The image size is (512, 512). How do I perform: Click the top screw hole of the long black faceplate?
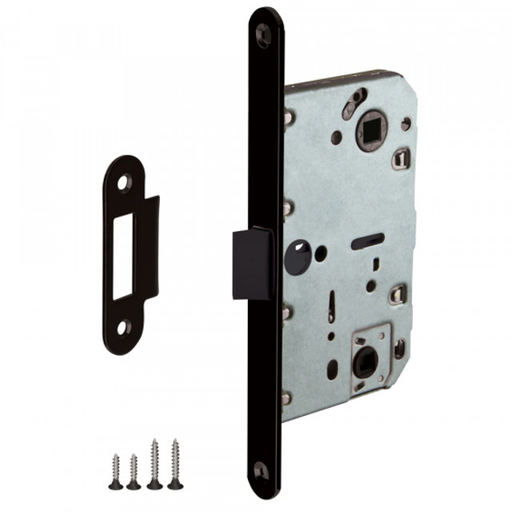(x=263, y=34)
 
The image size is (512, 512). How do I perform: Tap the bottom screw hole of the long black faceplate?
(x=261, y=470)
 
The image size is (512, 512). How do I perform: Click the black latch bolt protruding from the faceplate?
(x=252, y=263)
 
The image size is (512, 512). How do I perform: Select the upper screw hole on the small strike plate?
(x=124, y=183)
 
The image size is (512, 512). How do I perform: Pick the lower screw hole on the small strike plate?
(x=123, y=326)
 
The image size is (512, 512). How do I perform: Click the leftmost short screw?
(x=116, y=473)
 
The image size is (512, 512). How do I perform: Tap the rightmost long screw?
(x=175, y=464)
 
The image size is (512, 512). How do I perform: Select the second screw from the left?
(x=134, y=473)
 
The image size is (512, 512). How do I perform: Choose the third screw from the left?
(x=154, y=464)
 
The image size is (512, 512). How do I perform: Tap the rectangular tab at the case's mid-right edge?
(x=398, y=294)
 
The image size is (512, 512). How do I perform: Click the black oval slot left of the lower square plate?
(x=332, y=370)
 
